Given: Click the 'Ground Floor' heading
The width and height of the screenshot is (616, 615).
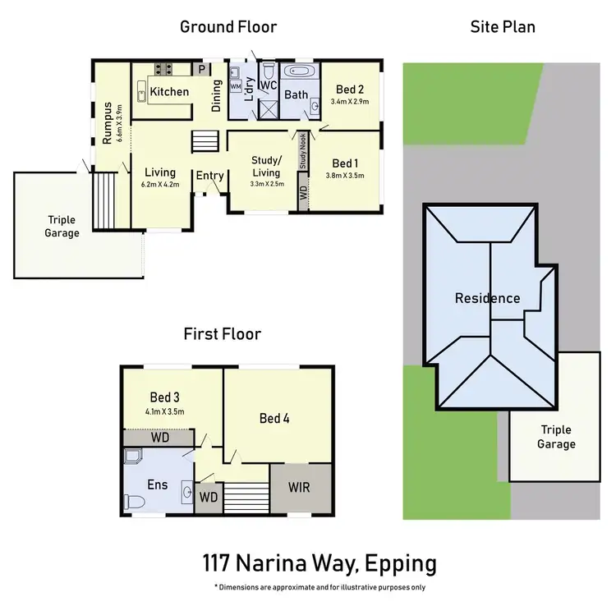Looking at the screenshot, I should click(228, 27).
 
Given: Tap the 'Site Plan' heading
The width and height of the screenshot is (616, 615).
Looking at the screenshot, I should click(503, 27).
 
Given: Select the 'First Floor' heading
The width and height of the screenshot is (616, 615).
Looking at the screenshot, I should click(222, 334).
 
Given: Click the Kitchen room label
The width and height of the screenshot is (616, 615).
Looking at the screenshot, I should click(169, 92).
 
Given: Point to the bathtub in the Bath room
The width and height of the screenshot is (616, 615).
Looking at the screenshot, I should click(297, 74).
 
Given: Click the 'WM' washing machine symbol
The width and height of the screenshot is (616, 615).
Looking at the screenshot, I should click(236, 85).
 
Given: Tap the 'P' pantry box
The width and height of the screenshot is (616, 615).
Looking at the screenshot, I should click(200, 69).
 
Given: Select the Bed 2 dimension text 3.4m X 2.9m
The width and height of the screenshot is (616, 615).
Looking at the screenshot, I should click(350, 102).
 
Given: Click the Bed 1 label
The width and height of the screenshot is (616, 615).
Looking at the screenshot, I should click(345, 163).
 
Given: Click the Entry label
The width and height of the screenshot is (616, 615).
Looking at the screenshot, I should click(209, 175).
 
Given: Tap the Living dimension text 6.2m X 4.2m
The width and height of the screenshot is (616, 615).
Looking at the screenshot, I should click(160, 185).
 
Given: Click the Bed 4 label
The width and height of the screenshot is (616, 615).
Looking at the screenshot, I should click(274, 418).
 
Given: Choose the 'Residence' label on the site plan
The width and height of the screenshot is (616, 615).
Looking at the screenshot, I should click(487, 298).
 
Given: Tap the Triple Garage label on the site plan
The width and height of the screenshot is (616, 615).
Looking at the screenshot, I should click(557, 437).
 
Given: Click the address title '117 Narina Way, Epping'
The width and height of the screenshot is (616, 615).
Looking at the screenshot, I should click(319, 564).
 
